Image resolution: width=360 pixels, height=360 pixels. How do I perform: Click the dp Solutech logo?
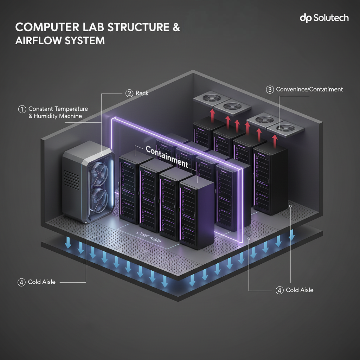tap(324, 18)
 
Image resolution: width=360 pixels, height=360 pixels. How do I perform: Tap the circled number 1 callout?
tap(22, 109)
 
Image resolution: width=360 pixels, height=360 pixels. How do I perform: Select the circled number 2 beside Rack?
tap(129, 93)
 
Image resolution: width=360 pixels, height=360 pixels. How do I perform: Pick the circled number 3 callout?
tap(270, 89)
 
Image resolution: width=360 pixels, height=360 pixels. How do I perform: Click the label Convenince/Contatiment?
tap(309, 89)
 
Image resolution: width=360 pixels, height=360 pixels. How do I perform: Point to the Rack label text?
tap(142, 93)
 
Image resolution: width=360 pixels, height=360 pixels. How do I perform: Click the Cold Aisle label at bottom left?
tap(42, 282)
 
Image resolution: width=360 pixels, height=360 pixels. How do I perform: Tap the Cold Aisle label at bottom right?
tap(300, 290)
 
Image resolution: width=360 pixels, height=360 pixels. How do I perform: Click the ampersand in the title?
tap(175, 28)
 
